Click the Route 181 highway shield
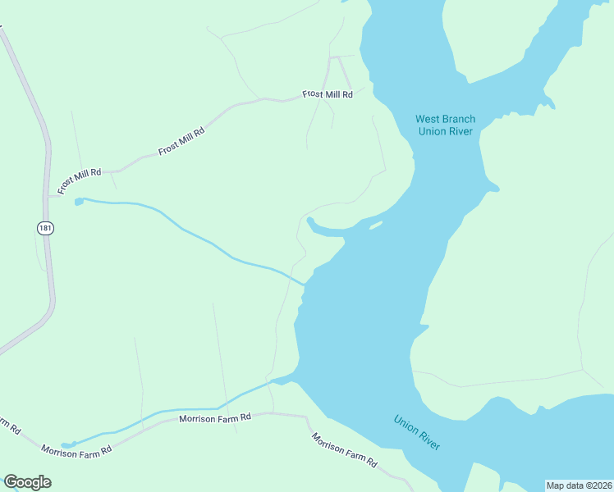tap(46, 228)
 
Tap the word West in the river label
tap(428, 120)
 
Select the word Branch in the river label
tap(460, 120)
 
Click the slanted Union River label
tap(417, 432)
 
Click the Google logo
tap(27, 482)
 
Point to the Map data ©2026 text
tap(579, 485)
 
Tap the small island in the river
tap(375, 225)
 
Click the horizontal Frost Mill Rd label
tap(327, 94)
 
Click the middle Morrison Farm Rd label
tap(214, 419)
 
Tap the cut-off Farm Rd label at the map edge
tap(8, 426)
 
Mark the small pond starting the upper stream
tap(79, 201)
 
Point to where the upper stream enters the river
tap(305, 285)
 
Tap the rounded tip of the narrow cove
tap(309, 220)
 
